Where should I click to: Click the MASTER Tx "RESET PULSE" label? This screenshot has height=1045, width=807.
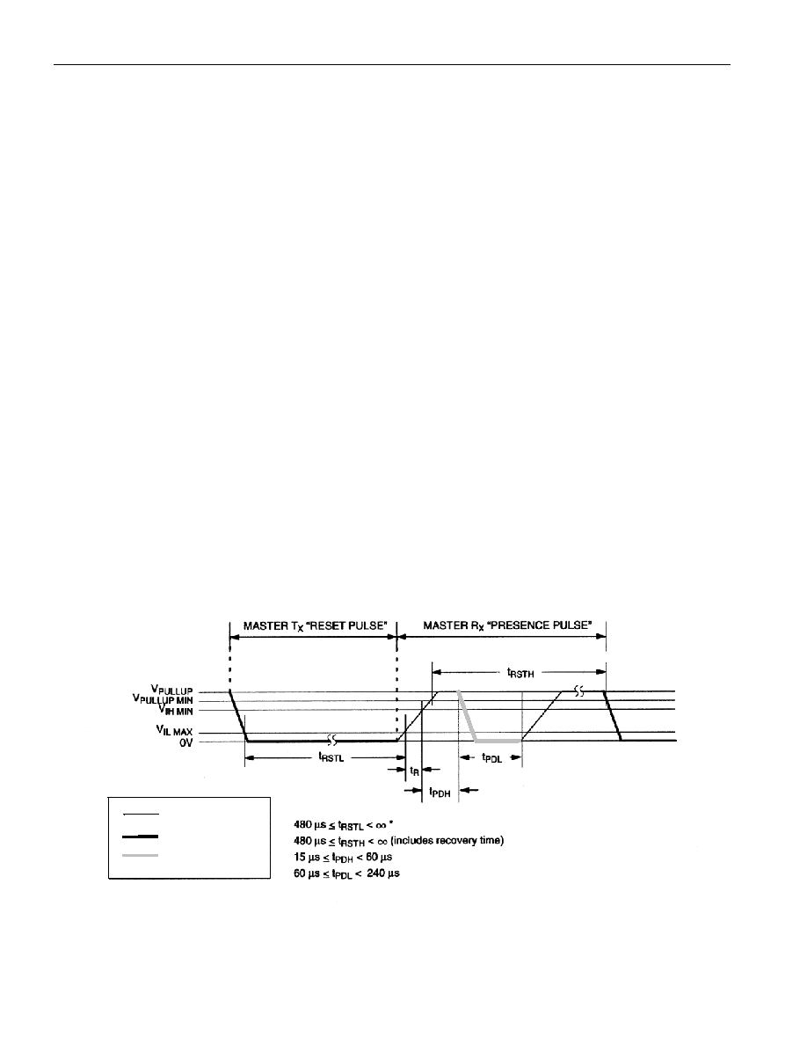pyautogui.click(x=315, y=625)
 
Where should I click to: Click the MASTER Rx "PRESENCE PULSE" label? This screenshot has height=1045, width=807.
pyautogui.click(x=507, y=625)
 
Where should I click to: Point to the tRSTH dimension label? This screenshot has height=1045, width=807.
pyautogui.click(x=520, y=673)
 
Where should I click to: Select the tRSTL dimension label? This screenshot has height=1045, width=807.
pyautogui.click(x=331, y=757)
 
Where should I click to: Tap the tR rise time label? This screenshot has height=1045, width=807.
pyautogui.click(x=414, y=771)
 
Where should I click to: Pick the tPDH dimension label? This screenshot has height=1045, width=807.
pyautogui.click(x=440, y=792)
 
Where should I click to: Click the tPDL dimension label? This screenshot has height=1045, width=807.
pyautogui.click(x=491, y=757)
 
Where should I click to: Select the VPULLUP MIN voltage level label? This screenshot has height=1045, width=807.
pyautogui.click(x=163, y=700)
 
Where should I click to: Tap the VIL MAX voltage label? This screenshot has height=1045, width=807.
pyautogui.click(x=173, y=732)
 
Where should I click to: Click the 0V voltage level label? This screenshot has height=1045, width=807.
pyautogui.click(x=185, y=742)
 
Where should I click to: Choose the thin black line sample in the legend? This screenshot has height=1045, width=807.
pyautogui.click(x=141, y=814)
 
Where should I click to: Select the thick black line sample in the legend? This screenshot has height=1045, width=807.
pyautogui.click(x=141, y=836)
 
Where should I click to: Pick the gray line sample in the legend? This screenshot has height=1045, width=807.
pyautogui.click(x=141, y=855)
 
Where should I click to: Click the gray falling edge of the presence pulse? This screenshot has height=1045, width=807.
pyautogui.click(x=468, y=716)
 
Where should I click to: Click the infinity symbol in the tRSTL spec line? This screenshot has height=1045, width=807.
pyautogui.click(x=381, y=825)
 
